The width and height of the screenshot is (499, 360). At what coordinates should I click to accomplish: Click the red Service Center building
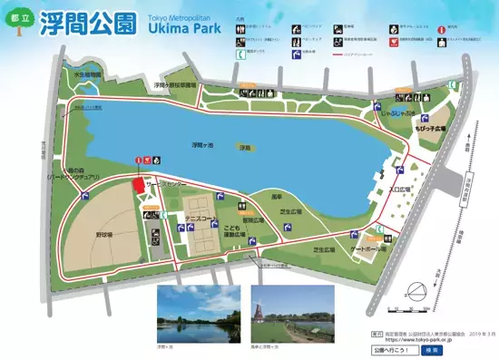pos(138,184)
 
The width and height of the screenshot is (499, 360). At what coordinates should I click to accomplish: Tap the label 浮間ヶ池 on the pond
pos(205,145)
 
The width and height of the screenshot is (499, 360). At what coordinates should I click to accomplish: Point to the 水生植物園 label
pos(86,76)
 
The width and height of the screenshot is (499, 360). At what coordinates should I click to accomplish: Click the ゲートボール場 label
pos(368,248)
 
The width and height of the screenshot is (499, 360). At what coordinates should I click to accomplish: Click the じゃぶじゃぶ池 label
pos(399,114)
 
